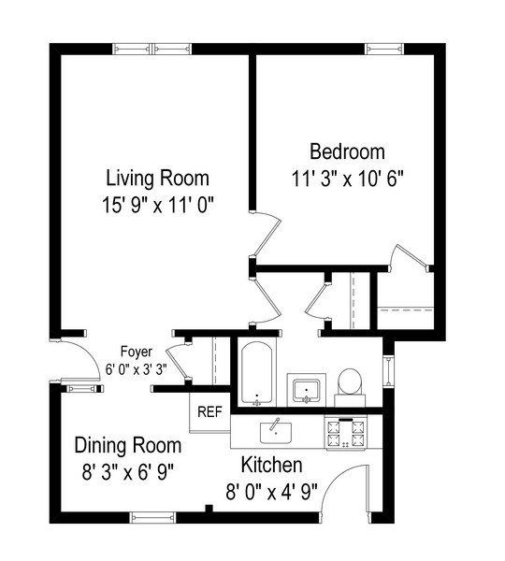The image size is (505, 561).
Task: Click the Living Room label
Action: (x=157, y=178)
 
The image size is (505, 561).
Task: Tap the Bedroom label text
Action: (x=347, y=151)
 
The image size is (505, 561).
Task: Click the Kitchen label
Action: (x=271, y=465)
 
